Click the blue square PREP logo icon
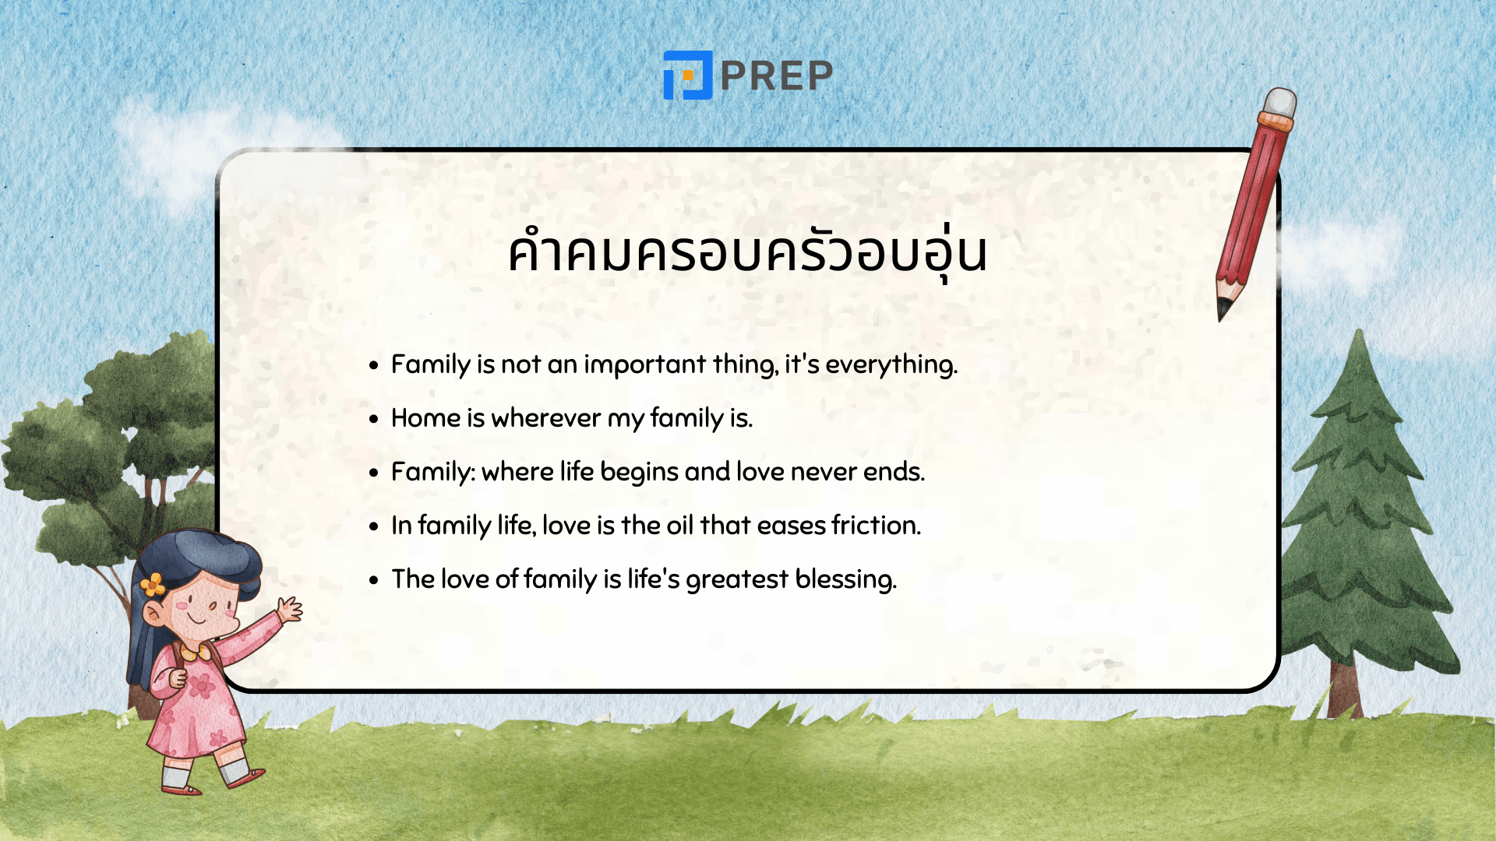687,76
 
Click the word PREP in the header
777,76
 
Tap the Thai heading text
747,252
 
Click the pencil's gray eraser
1280,102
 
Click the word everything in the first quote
890,364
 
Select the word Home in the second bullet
425,418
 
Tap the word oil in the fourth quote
679,526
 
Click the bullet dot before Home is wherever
374,419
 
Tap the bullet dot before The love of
374,580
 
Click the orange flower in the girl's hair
153,584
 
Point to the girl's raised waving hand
290,608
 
